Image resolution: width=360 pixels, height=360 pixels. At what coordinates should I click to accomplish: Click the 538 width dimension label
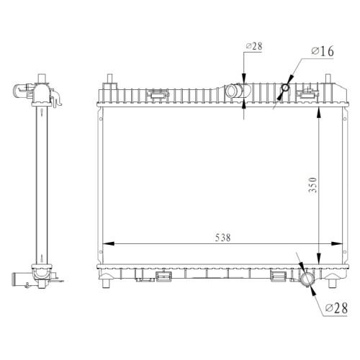pos(222,238)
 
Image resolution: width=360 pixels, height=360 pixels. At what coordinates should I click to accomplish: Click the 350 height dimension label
pos(312,185)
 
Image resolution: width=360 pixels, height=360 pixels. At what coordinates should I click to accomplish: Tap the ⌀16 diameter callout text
pos(323,51)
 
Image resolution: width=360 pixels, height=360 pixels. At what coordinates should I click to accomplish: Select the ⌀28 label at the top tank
pos(254,46)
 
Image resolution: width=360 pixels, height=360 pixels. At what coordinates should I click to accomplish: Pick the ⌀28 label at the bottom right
pos(336,308)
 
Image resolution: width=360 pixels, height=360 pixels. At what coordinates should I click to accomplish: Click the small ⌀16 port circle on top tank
pos(285,88)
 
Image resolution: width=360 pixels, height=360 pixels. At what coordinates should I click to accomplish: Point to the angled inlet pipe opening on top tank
pos(231,91)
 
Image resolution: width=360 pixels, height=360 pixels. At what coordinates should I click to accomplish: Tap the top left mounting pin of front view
pos(109,78)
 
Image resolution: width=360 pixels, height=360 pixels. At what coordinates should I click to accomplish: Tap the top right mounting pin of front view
pos(328,78)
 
